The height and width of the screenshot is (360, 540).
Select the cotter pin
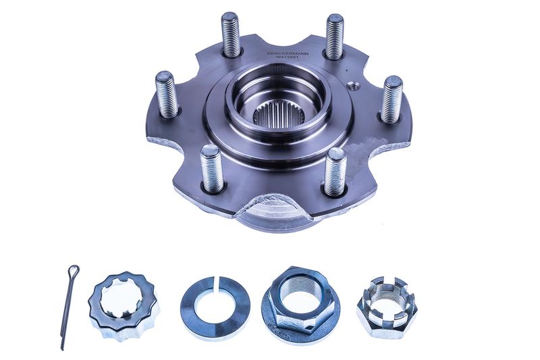(69, 307)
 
